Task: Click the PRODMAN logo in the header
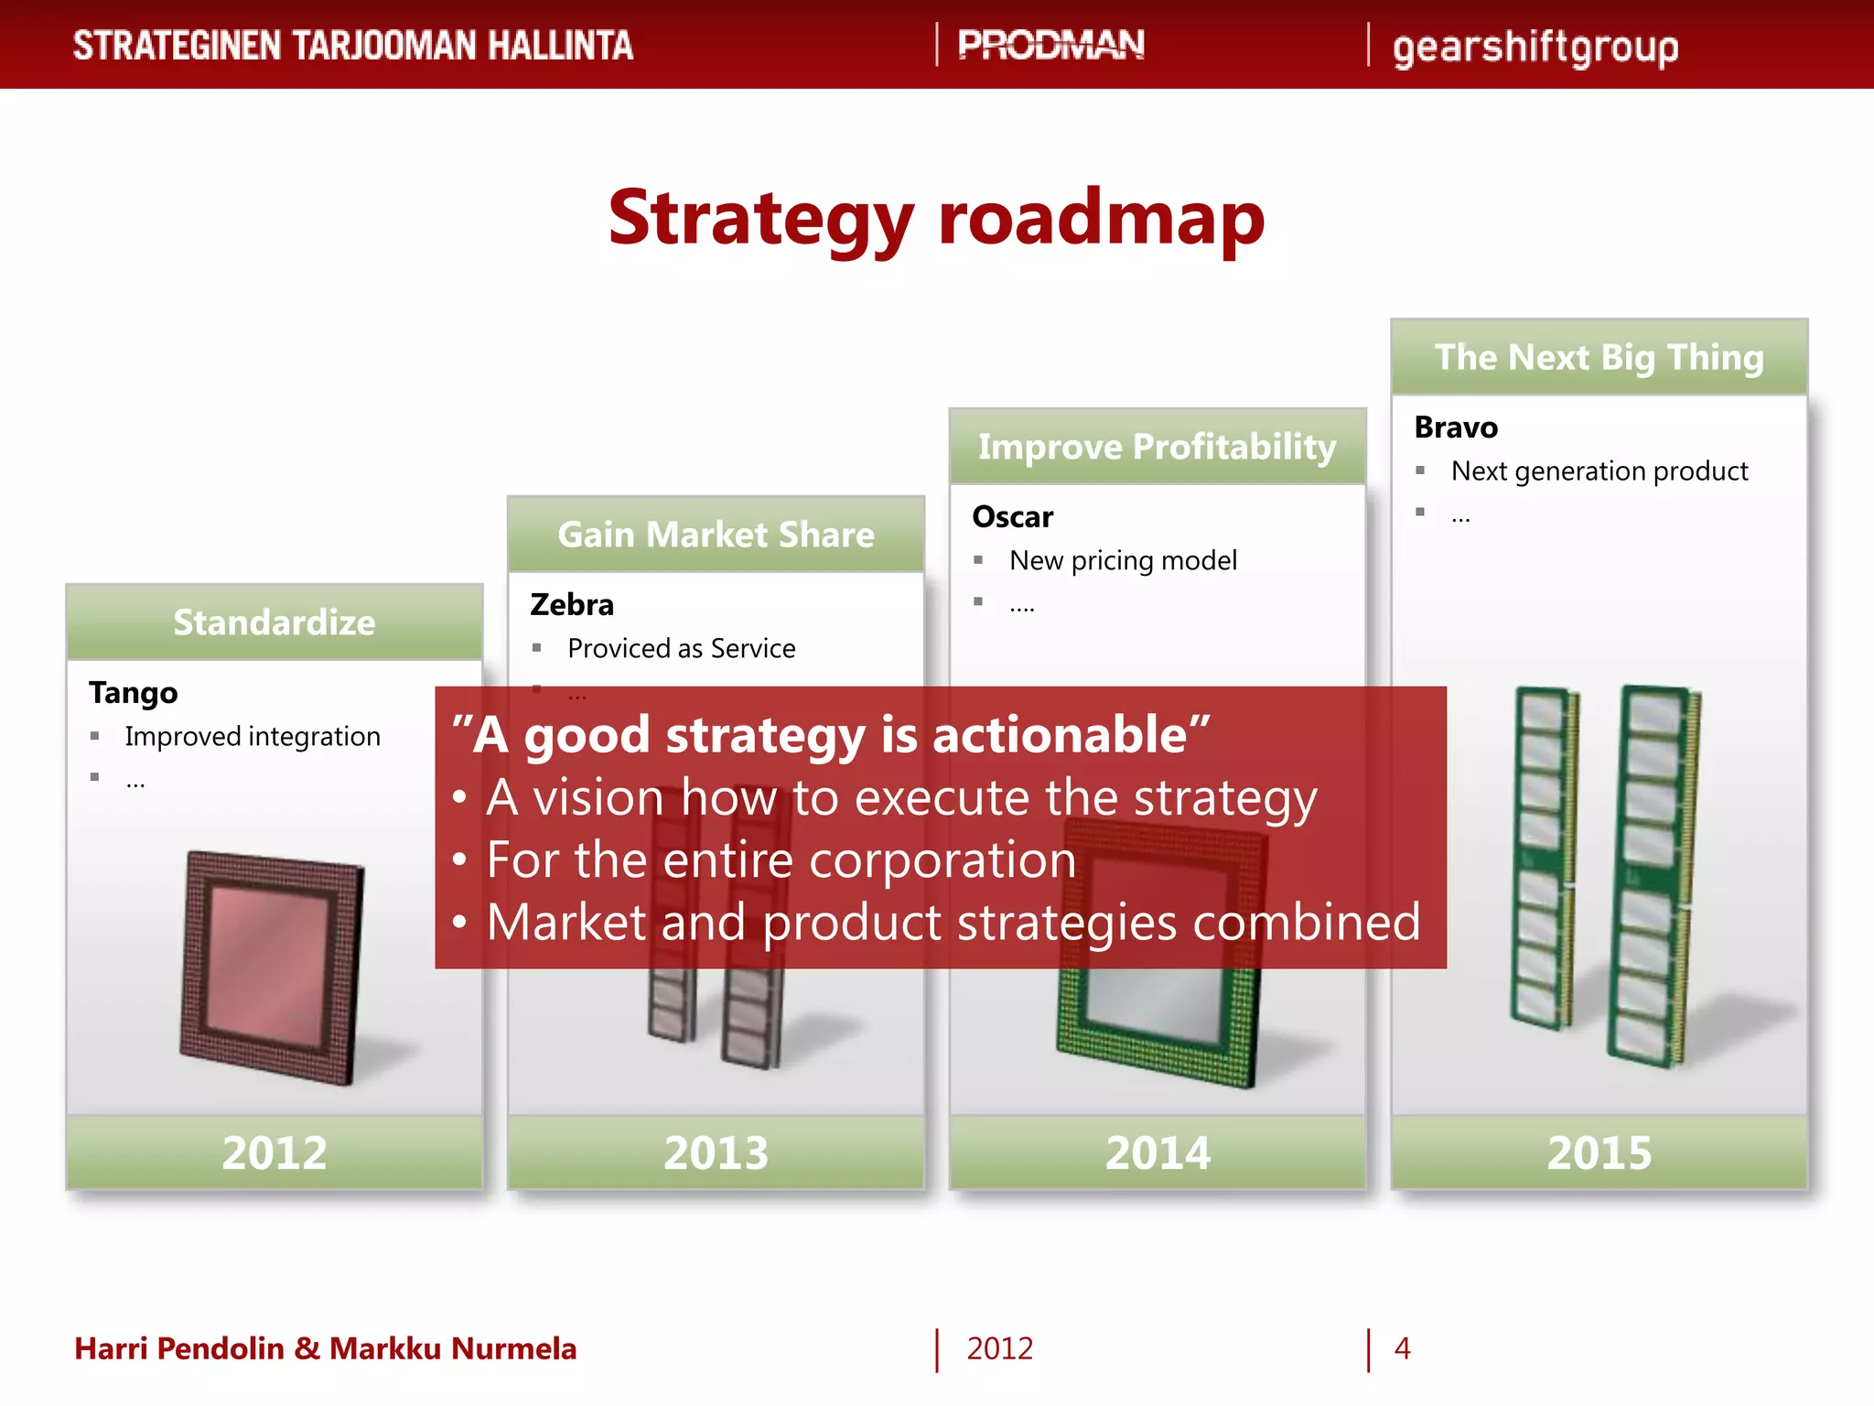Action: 1050,45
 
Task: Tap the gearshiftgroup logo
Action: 1535,48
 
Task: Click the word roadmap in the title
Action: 1101,219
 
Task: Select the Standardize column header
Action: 275,622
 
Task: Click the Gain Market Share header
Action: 716,535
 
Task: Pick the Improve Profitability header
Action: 1157,447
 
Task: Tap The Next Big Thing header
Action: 1599,357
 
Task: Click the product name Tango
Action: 134,693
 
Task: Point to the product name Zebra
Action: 572,605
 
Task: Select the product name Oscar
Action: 1012,517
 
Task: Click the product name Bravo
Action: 1455,427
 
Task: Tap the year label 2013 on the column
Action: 716,1152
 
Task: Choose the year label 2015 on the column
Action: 1599,1152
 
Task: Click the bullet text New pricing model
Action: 1123,560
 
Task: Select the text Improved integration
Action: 253,737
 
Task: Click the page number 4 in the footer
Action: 1402,1348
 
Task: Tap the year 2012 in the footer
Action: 999,1348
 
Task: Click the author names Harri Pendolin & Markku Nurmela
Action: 326,1348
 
